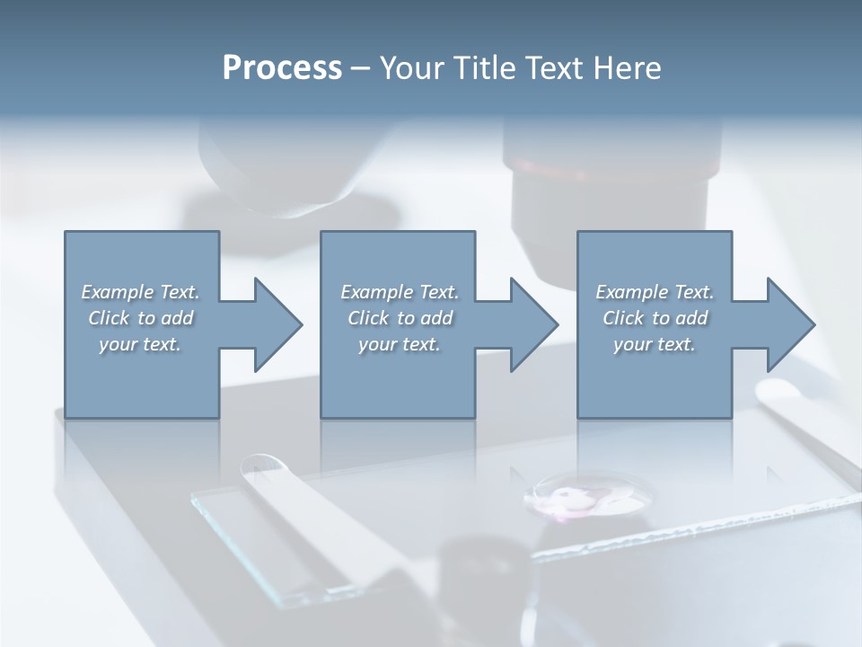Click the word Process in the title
pos(282,68)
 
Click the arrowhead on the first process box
pos(274,324)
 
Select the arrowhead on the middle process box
pos(531,324)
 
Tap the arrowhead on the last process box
pos(787,324)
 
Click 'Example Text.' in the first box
pos(140,292)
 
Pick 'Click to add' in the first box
pos(140,318)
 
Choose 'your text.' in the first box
pos(140,344)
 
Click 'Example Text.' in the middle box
pos(400,292)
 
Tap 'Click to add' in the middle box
pos(400,318)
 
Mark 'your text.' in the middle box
pos(400,344)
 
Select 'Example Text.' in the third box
pos(655,292)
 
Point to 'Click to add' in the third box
pos(655,318)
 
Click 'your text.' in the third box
pos(655,344)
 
